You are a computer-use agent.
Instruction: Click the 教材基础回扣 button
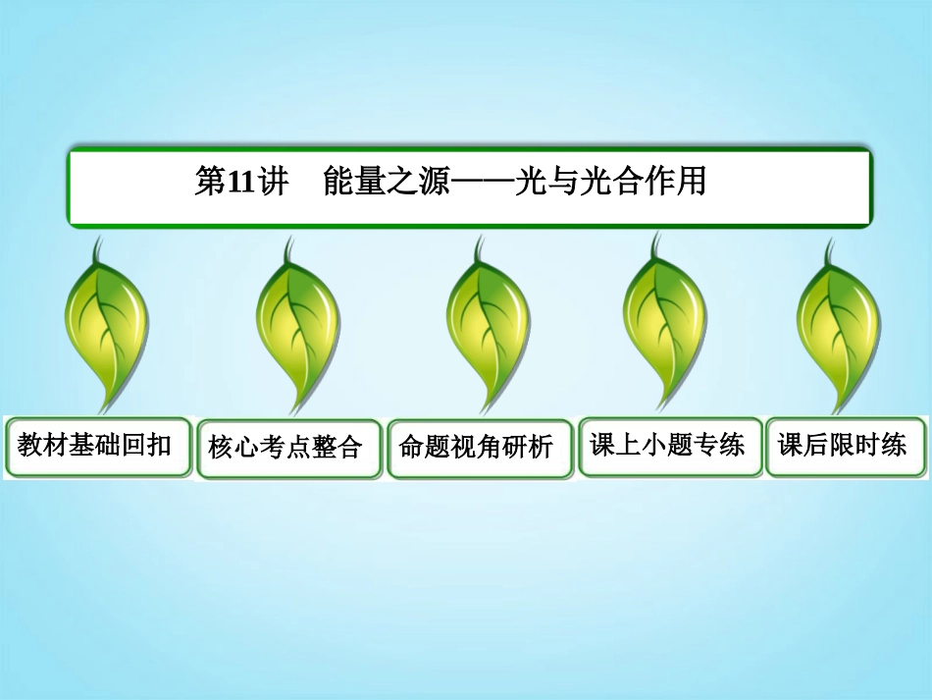tap(96, 447)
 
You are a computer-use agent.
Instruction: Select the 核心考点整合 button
tap(287, 449)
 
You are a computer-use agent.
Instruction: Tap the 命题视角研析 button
tap(478, 449)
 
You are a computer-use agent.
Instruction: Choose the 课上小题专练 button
tap(669, 446)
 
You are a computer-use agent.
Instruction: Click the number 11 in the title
tap(241, 183)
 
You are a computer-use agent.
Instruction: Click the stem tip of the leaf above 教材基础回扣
tap(96, 242)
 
